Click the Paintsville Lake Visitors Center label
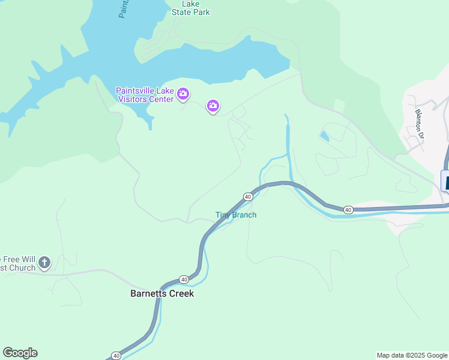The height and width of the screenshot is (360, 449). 145,95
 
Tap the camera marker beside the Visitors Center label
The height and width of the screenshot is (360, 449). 183,94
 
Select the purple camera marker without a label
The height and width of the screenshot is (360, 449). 212,107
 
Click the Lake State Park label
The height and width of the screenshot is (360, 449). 191,8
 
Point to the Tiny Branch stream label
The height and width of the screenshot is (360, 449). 236,215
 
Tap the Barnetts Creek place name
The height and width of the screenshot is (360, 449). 162,294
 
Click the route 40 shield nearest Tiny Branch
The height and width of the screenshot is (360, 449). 247,196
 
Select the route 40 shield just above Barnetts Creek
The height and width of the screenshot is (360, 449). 184,280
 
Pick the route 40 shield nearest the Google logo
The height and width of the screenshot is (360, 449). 116,356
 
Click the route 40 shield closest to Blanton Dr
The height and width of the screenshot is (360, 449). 348,209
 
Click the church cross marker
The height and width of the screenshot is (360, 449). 44,262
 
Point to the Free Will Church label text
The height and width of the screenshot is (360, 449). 18,263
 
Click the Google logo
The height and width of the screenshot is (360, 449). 20,353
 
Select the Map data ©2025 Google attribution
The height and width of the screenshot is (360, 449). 412,355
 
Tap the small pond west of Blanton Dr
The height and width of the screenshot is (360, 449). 324,136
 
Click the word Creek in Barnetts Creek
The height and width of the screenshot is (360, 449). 181,294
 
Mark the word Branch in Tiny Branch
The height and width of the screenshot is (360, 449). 244,215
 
